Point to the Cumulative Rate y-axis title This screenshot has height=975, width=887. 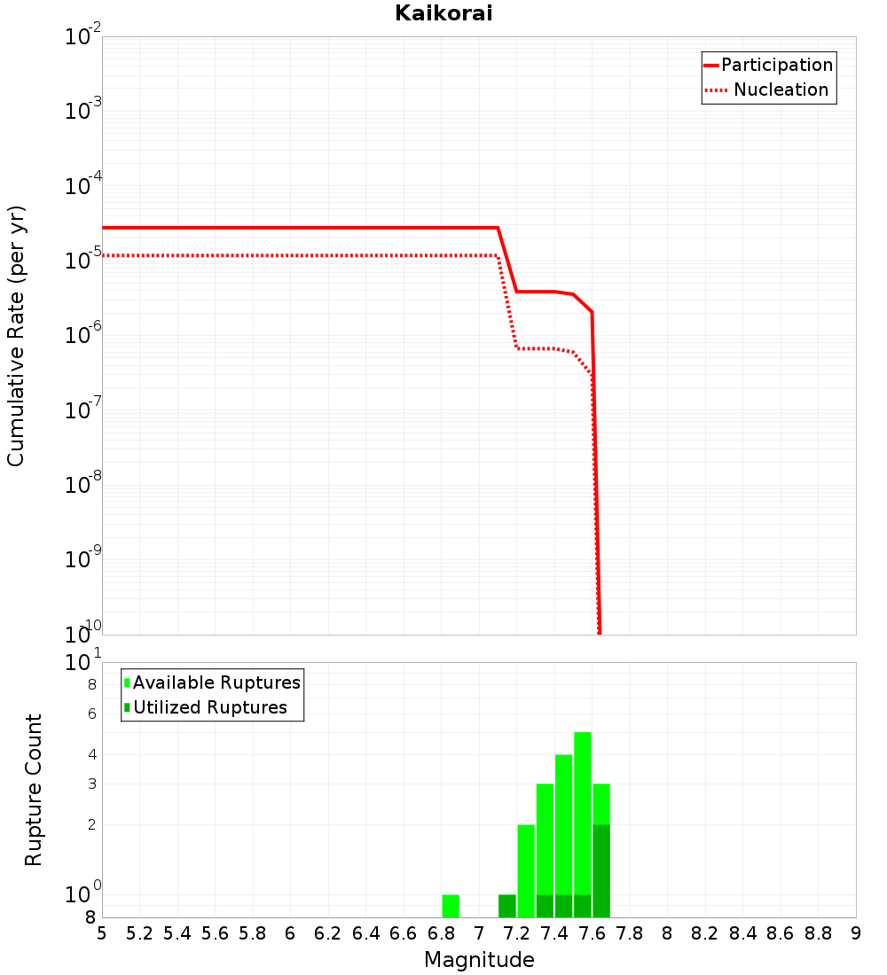(x=16, y=335)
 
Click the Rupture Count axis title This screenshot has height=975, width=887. (x=34, y=790)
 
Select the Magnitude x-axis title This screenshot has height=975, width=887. (x=479, y=960)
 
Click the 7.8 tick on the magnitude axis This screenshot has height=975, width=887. (x=630, y=933)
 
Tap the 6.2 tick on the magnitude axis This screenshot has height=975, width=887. (x=328, y=933)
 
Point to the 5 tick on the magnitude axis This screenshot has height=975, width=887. (x=102, y=933)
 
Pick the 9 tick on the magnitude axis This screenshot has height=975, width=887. (x=856, y=933)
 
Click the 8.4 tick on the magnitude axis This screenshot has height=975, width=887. (x=743, y=933)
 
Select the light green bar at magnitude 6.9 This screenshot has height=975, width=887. (x=451, y=906)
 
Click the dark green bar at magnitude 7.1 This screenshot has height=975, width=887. (x=507, y=906)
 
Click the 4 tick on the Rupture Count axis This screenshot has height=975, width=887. (x=90, y=754)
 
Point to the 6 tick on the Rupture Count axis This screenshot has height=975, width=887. (x=90, y=714)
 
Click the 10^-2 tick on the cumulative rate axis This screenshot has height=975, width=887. (x=83, y=37)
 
